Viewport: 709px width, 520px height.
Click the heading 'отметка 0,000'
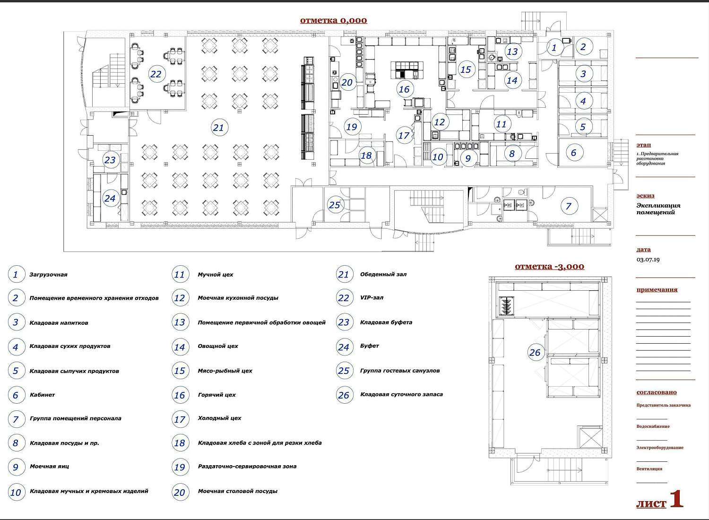pos(333,21)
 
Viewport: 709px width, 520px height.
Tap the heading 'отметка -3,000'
pos(549,267)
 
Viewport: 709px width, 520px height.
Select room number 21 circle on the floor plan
pos(218,128)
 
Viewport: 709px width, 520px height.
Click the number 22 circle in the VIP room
pos(156,74)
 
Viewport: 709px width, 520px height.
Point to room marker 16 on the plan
pos(404,89)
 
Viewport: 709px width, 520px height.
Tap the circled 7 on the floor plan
pos(569,206)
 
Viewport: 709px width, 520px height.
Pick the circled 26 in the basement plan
pos(535,352)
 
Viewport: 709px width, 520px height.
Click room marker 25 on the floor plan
pos(334,205)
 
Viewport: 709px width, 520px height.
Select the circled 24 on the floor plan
pos(110,199)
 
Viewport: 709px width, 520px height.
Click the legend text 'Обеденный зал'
pos(383,274)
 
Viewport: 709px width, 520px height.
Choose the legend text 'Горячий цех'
pos(217,395)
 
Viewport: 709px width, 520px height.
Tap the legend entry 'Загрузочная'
pos(48,275)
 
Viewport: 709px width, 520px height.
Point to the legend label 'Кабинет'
pos(43,395)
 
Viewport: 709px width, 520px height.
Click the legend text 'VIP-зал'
pos(372,298)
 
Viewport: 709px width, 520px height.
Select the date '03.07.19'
pos(648,260)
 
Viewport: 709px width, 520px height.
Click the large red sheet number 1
pos(676,499)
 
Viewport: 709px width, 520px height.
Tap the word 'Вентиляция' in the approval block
pos(649,469)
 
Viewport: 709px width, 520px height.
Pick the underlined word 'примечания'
pos(657,290)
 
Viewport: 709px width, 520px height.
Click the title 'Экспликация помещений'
pos(658,209)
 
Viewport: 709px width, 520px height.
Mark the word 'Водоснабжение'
pos(653,426)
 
